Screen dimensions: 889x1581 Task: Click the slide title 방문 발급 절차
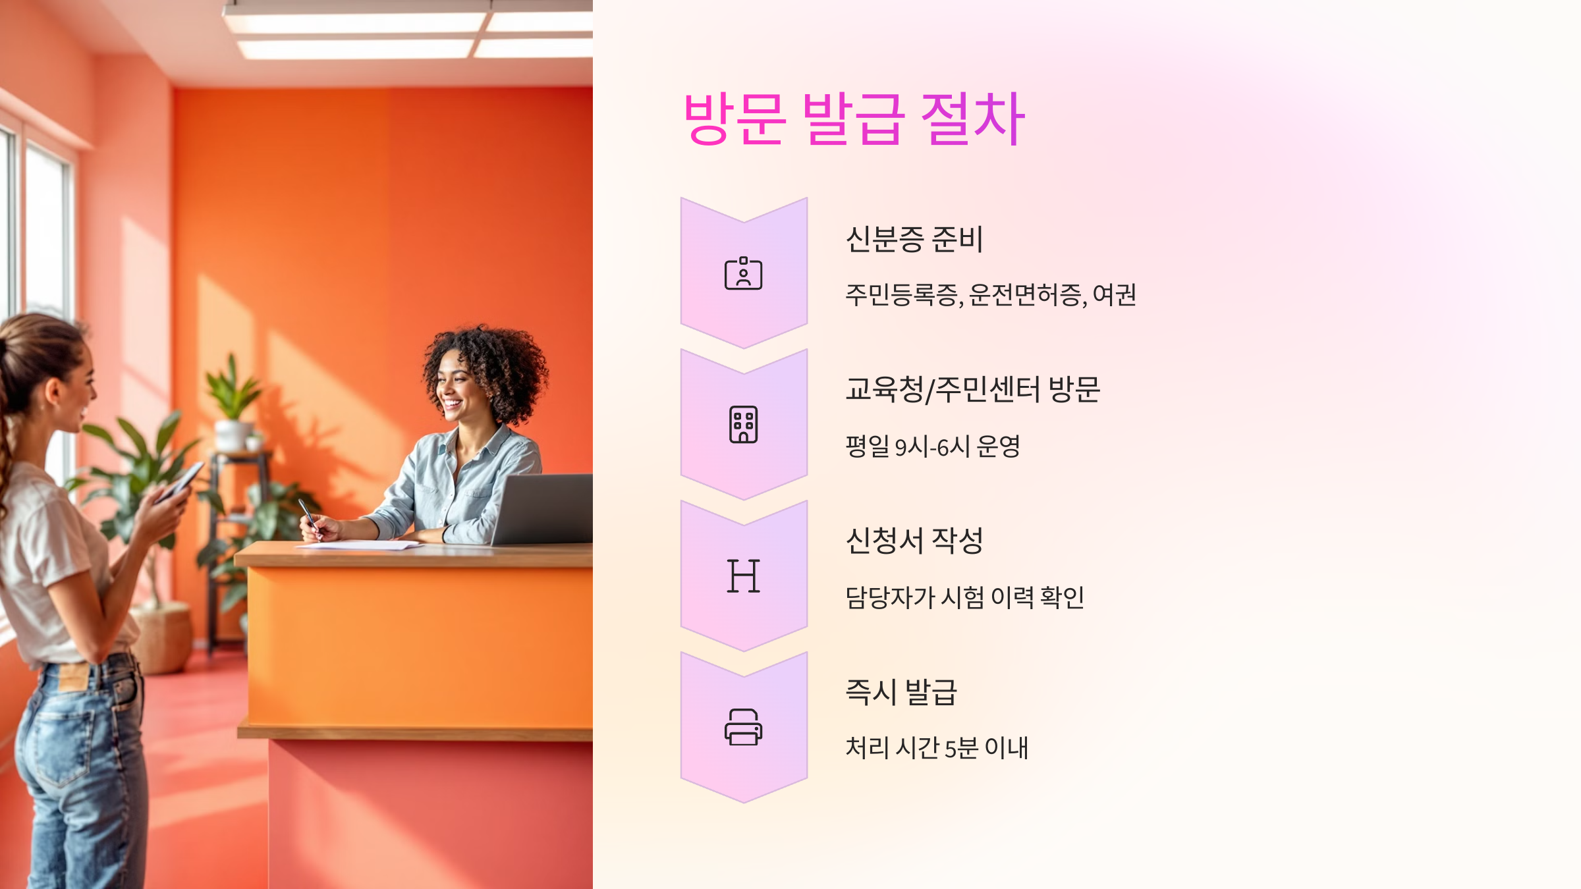(854, 119)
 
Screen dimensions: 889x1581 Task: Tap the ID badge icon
(743, 273)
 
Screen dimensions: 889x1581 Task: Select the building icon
(743, 425)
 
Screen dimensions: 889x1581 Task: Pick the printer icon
(743, 727)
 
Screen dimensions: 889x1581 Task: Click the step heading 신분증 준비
(914, 239)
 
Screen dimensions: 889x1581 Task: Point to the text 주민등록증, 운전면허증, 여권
(990, 294)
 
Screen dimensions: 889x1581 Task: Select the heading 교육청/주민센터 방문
(972, 390)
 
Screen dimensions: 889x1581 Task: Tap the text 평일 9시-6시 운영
(933, 446)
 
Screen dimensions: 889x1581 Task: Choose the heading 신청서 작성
(914, 541)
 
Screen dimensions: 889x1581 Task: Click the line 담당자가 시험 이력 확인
(964, 597)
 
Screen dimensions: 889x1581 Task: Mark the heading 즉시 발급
(901, 692)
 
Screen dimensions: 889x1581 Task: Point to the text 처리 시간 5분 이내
(937, 748)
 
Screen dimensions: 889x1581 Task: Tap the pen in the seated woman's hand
(308, 514)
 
